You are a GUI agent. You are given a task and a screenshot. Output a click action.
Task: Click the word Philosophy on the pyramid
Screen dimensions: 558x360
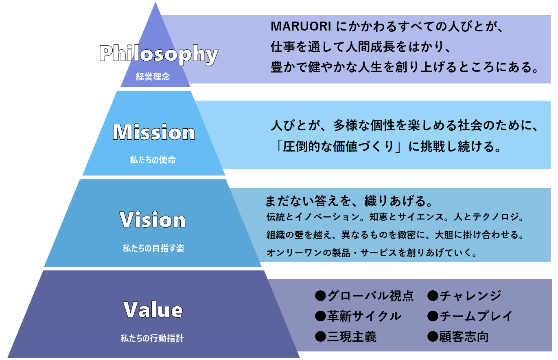coord(159,54)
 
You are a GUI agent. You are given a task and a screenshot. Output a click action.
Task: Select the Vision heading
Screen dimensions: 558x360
coord(153,220)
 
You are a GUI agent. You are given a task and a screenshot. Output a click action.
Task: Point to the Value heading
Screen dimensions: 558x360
coord(153,310)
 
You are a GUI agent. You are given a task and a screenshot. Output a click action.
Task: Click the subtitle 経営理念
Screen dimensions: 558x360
coord(153,77)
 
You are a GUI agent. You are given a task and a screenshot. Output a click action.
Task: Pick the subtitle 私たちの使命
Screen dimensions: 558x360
coord(153,160)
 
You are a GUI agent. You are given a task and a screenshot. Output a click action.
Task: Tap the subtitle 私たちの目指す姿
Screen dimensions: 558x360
coord(153,248)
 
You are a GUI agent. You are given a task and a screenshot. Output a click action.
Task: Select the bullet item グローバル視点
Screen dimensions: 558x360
coord(370,295)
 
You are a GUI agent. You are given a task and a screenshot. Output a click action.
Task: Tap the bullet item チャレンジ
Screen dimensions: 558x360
coord(470,295)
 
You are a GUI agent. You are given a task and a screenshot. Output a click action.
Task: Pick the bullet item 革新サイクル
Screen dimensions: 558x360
coord(364,316)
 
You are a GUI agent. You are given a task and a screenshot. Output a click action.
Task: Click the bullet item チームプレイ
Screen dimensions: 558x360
coord(476,316)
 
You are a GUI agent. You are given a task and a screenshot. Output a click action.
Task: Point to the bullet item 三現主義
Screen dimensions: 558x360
coord(352,337)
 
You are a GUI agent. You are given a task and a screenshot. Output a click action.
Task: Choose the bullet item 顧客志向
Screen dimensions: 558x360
coord(464,337)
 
